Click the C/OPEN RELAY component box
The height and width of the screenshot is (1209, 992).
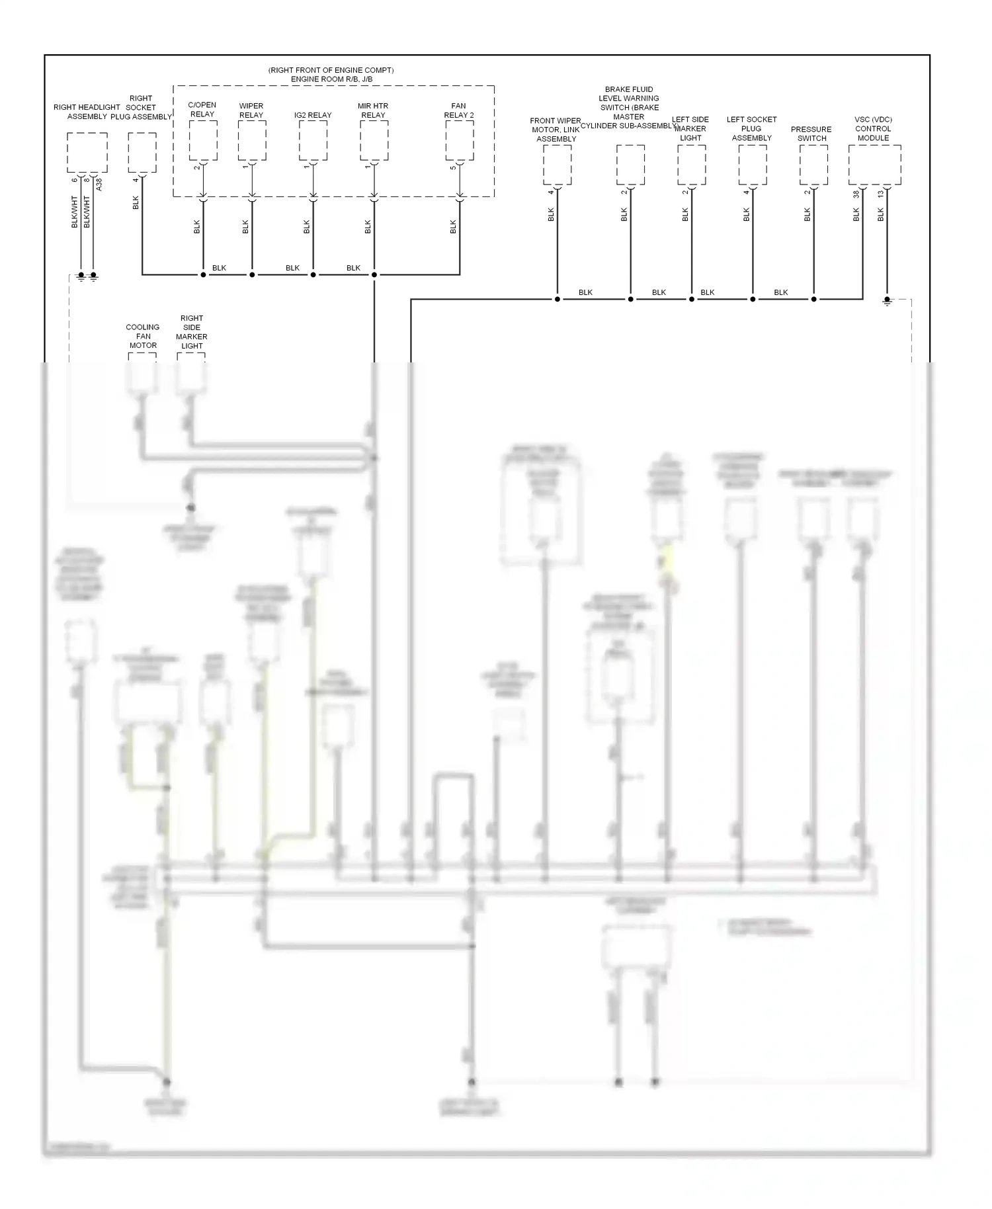click(203, 140)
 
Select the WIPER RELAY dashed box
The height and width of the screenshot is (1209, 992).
click(252, 140)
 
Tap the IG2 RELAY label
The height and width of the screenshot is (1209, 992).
click(313, 115)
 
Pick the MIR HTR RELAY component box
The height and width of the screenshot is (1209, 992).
click(374, 140)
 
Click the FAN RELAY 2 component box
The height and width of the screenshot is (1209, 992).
click(460, 140)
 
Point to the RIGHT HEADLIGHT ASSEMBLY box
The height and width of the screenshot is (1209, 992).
click(87, 152)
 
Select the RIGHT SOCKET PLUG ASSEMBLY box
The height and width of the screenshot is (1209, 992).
click(142, 152)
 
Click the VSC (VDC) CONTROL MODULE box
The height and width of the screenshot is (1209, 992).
click(874, 165)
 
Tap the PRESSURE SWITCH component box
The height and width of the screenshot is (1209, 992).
click(813, 165)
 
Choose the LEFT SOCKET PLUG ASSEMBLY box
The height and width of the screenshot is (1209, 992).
click(753, 165)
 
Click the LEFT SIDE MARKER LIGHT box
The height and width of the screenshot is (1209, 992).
click(692, 165)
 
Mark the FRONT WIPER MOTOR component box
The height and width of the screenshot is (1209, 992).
click(558, 165)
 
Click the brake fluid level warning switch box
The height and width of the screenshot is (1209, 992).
click(630, 165)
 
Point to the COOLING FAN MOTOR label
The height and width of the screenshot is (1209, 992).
click(143, 336)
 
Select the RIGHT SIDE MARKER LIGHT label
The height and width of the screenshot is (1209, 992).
click(192, 332)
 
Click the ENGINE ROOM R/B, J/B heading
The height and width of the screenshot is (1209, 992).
click(331, 79)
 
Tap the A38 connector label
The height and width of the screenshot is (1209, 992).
click(99, 185)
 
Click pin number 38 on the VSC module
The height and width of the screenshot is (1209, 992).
click(856, 194)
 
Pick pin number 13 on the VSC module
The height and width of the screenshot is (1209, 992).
click(881, 194)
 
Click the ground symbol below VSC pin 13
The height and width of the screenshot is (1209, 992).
click(887, 301)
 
